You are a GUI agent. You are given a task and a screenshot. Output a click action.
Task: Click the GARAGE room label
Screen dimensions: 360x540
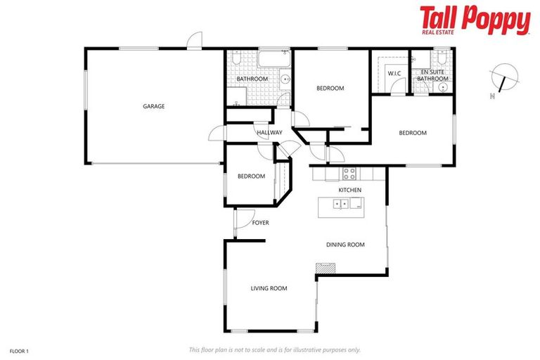(153, 106)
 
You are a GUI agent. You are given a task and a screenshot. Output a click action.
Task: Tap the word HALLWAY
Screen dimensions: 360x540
(269, 132)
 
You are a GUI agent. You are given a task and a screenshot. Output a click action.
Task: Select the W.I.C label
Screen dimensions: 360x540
(393, 73)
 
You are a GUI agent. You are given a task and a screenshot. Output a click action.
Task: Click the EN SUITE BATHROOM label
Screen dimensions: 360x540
(432, 76)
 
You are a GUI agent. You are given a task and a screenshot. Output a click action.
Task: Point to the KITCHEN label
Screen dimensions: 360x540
(349, 191)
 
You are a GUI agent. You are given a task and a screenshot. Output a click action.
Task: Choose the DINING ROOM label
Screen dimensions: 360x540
(345, 245)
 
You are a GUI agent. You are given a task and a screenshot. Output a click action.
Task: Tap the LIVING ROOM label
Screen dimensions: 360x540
(269, 288)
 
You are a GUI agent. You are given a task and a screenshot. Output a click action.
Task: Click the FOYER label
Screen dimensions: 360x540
(260, 223)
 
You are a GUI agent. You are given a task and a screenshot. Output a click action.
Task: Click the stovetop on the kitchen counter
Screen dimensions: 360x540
(349, 173)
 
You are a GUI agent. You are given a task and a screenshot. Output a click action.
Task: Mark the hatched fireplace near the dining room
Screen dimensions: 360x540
(325, 268)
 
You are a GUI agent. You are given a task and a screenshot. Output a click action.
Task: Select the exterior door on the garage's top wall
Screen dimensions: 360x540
(195, 41)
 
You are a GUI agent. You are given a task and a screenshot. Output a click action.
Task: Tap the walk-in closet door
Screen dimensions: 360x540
(398, 86)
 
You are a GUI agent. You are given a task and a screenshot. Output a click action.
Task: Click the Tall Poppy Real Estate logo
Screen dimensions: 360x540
(475, 20)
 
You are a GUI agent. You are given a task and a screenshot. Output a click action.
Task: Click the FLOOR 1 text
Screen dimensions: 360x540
(19, 349)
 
